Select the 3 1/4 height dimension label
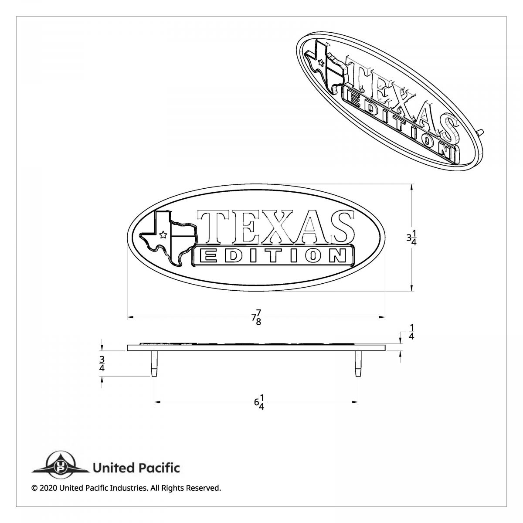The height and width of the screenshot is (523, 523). pyautogui.click(x=411, y=238)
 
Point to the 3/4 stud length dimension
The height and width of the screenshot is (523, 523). pyautogui.click(x=102, y=363)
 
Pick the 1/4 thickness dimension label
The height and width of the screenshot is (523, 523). pyautogui.click(x=411, y=332)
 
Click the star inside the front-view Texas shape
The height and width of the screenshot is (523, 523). pyautogui.click(x=163, y=235)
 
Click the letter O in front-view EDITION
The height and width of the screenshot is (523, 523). pyautogui.click(x=312, y=256)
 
